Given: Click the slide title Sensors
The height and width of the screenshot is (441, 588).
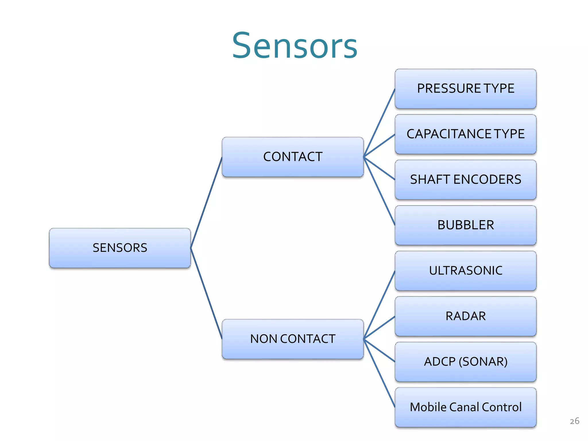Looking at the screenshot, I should (x=295, y=46).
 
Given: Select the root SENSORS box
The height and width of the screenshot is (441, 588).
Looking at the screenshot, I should (x=120, y=248).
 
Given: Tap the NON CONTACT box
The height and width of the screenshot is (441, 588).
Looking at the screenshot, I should (x=293, y=339).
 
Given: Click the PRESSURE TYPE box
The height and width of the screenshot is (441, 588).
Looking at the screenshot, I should (x=465, y=89).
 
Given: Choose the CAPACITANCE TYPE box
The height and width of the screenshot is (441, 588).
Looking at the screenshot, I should (x=465, y=134).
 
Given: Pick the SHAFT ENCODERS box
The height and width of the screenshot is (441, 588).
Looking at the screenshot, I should (x=465, y=180).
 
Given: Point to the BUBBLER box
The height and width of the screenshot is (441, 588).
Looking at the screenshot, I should (x=465, y=225).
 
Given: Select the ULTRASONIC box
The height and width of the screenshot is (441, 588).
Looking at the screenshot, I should (x=465, y=271).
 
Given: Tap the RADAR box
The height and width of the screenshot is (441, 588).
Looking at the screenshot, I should (x=465, y=316).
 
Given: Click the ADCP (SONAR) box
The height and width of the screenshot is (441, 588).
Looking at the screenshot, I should (x=465, y=362).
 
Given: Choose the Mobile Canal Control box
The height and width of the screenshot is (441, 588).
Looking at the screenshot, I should (x=465, y=407).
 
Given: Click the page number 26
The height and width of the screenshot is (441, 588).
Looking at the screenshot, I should (x=574, y=421).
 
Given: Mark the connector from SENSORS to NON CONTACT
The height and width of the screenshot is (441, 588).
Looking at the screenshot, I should (x=206, y=293).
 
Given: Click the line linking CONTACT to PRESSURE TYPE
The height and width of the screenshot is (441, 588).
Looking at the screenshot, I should (x=379, y=123).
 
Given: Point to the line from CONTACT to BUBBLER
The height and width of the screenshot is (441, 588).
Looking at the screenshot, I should (x=379, y=191).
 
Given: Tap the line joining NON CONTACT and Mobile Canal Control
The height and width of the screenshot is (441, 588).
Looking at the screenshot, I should (x=379, y=373).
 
